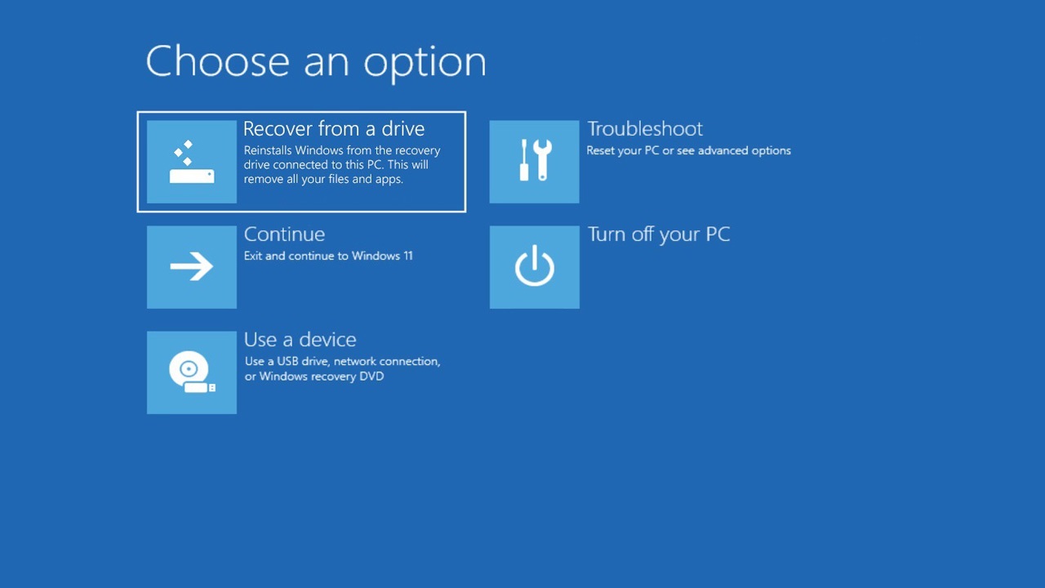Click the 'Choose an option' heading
(x=316, y=63)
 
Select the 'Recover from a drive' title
(x=334, y=129)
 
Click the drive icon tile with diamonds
(x=192, y=162)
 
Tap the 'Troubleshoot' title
(x=645, y=129)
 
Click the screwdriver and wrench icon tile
(x=534, y=162)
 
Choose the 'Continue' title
(x=284, y=234)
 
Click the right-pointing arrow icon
(x=192, y=266)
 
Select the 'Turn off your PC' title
(x=659, y=234)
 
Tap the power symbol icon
(x=535, y=265)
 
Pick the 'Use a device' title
(x=300, y=340)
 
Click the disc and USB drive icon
(x=192, y=372)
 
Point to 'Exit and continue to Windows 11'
(x=328, y=256)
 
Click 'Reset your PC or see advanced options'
(x=688, y=151)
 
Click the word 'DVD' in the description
(x=371, y=376)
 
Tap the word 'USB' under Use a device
(x=288, y=361)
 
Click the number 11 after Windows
(x=407, y=256)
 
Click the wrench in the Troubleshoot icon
(x=543, y=160)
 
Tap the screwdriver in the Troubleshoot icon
(x=524, y=160)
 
